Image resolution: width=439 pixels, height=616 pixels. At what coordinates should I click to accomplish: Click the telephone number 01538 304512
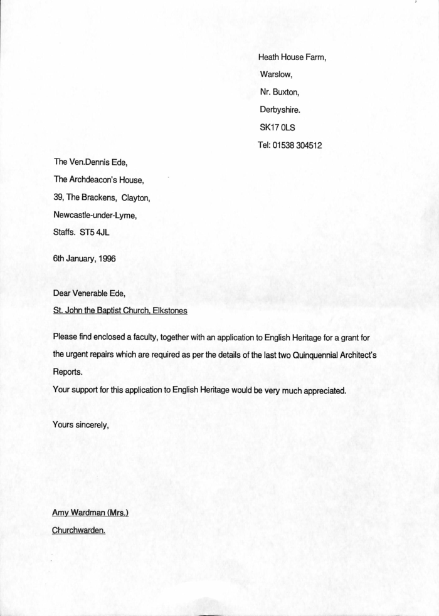click(297, 145)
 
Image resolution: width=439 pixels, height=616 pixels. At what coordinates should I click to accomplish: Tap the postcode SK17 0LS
click(277, 128)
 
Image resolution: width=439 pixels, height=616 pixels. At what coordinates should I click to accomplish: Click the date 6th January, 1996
click(84, 258)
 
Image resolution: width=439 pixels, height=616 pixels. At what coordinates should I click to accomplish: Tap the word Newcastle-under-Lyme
click(94, 215)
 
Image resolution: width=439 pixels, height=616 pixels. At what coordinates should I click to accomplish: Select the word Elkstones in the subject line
click(167, 310)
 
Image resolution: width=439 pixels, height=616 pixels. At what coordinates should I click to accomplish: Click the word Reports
click(67, 372)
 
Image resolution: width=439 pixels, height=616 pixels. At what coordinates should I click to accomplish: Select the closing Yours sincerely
click(81, 424)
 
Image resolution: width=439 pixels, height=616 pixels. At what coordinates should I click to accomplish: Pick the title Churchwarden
click(78, 530)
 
